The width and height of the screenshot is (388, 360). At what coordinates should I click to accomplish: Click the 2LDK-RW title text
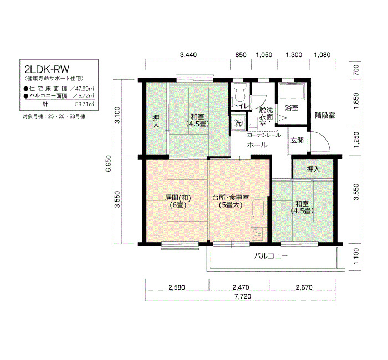tap(47, 69)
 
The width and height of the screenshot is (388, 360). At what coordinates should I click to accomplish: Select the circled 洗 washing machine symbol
tap(238, 122)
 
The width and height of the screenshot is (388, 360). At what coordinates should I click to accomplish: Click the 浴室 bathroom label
tap(292, 108)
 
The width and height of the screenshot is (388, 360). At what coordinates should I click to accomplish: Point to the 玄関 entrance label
tap(297, 141)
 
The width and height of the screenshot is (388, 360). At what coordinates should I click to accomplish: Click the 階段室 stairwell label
tap(325, 115)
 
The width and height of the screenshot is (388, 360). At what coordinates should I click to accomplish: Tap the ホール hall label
tap(257, 145)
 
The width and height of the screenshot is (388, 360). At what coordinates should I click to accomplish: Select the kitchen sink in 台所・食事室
tap(258, 208)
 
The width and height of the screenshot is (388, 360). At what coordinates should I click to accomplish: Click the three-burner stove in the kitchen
tap(258, 234)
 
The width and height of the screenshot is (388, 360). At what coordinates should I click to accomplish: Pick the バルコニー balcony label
tap(271, 256)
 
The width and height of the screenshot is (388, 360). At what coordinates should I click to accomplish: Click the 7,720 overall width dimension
tap(243, 296)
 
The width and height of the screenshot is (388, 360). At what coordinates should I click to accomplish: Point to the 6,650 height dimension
tap(109, 163)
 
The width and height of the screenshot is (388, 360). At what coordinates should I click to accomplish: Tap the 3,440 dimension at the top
tap(188, 55)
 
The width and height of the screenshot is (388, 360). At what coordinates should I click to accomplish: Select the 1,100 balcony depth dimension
tap(356, 256)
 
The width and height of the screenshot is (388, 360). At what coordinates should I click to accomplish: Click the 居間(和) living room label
tap(178, 198)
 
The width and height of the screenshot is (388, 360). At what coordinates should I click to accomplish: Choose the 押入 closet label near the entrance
tap(313, 169)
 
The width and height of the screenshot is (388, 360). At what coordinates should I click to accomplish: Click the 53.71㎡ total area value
tap(85, 104)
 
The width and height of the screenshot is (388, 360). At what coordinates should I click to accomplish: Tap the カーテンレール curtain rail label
tap(264, 135)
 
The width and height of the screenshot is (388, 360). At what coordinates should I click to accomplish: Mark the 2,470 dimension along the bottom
tap(241, 287)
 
